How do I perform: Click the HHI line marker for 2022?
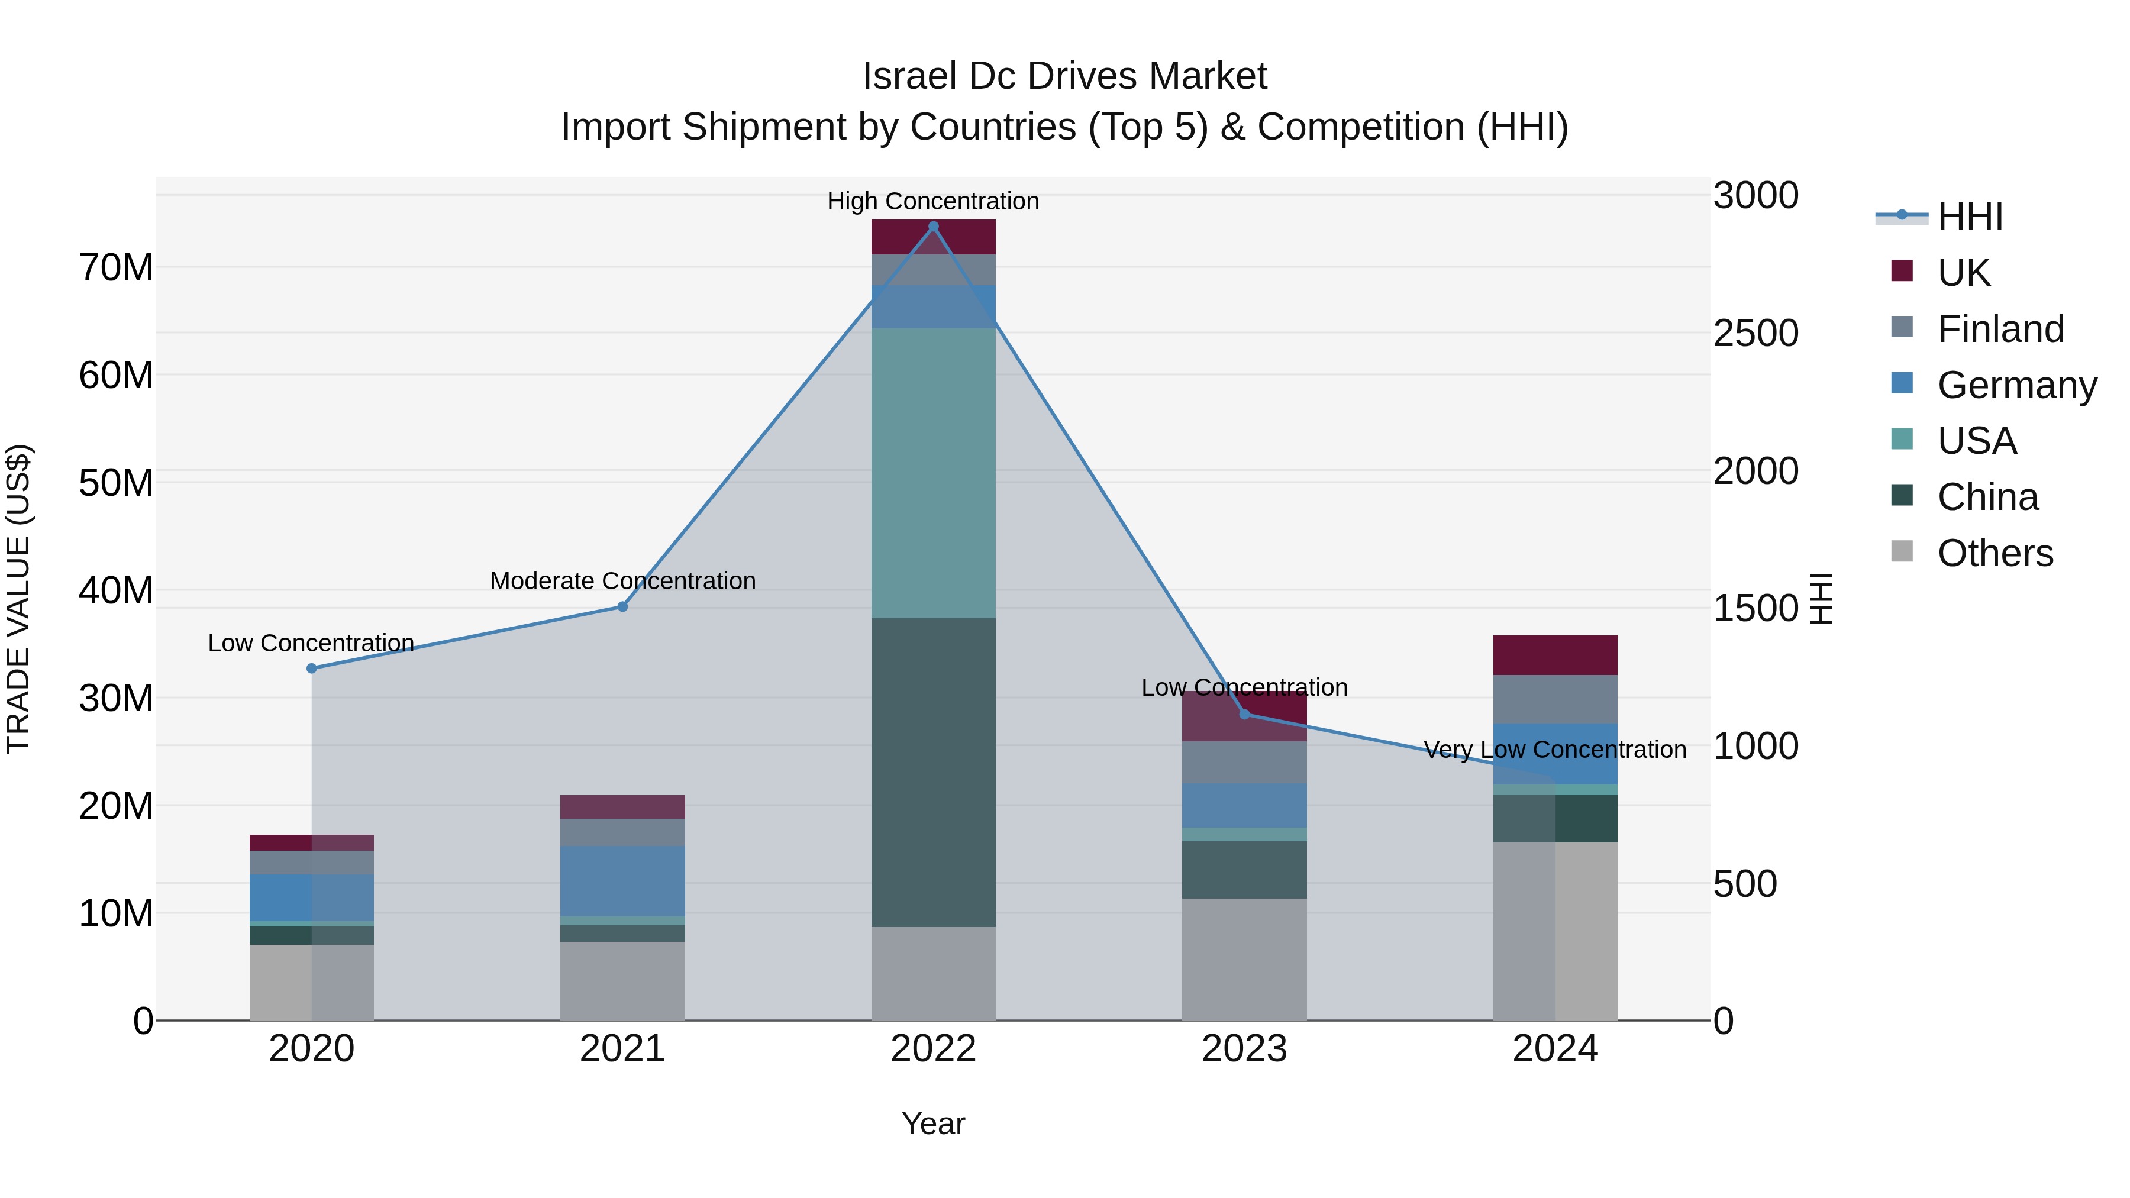coord(934,227)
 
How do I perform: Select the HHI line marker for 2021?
coord(622,607)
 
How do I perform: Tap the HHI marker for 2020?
coord(312,668)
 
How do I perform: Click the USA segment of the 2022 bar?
coord(934,473)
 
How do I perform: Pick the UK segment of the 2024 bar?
coord(1554,655)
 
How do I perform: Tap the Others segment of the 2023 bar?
coord(1244,959)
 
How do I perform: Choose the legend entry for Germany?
coord(2016,385)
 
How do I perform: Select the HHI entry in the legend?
coord(1970,217)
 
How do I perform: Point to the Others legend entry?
coord(1995,553)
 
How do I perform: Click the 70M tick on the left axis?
coord(116,268)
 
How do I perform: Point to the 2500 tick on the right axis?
coord(1755,333)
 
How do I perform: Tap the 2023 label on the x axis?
coord(1244,1049)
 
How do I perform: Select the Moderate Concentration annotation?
coord(622,580)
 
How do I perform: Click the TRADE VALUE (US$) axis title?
coord(18,599)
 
